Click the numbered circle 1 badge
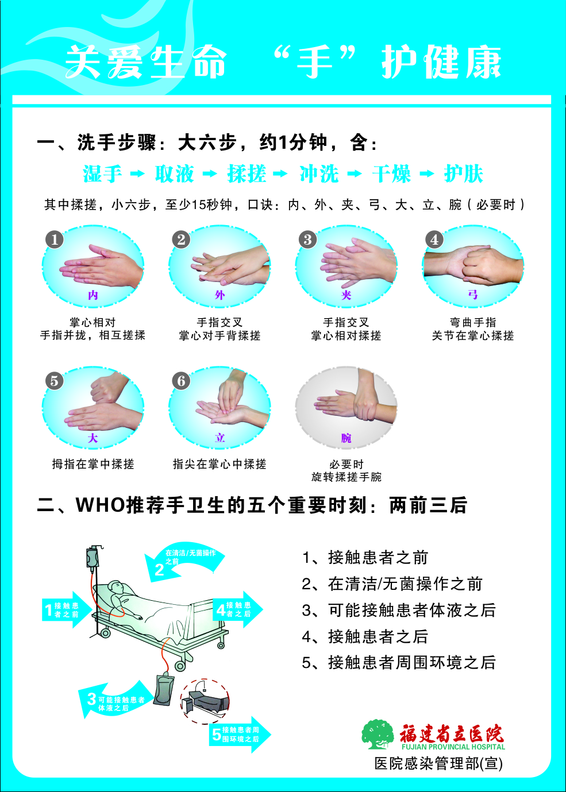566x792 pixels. tap(54, 239)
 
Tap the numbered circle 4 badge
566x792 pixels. tap(434, 239)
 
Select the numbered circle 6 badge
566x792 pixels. tap(181, 380)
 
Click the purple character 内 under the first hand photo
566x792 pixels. tap(93, 295)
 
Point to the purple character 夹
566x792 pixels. tap(346, 295)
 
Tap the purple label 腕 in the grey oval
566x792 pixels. tap(346, 438)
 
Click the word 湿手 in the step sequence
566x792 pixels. tap(102, 173)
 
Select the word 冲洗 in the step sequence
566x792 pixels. tap(319, 173)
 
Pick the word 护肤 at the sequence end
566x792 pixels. tap(463, 173)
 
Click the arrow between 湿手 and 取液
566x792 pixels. tap(137, 173)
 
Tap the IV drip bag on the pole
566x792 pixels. tap(92, 558)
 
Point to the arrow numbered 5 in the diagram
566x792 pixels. tap(238, 734)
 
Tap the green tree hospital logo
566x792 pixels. tap(377, 734)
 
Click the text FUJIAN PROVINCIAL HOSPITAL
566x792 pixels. tap(453, 747)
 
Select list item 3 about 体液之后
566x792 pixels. tap(398, 610)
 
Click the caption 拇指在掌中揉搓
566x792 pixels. tap(93, 464)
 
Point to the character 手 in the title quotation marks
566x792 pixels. tap(314, 62)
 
